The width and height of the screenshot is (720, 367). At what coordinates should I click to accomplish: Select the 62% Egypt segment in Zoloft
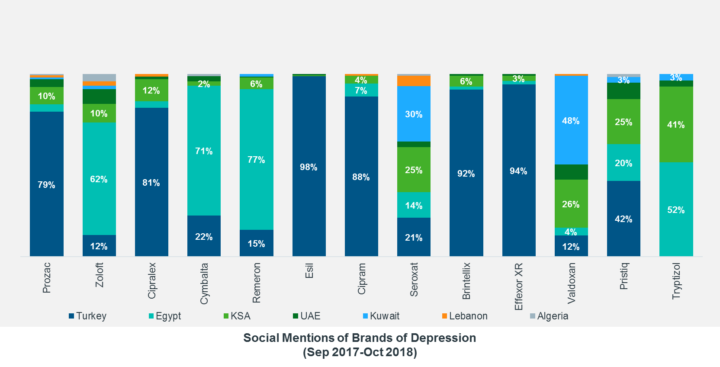99,179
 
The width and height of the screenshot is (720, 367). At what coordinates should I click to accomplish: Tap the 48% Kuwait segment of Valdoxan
571,120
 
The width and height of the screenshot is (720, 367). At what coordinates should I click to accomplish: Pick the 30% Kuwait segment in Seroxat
414,114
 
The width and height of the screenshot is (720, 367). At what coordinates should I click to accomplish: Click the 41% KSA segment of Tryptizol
676,125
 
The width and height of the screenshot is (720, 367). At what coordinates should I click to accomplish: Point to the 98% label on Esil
309,167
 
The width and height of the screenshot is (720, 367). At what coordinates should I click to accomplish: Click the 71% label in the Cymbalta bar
204,151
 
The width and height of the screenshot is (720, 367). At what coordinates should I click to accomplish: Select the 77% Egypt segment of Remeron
256,159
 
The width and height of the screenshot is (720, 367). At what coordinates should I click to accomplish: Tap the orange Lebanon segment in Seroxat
414,81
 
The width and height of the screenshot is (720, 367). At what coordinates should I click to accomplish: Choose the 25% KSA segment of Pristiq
624,122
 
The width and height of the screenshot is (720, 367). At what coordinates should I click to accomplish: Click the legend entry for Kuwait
381,316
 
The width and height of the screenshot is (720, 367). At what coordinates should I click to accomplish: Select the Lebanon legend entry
465,316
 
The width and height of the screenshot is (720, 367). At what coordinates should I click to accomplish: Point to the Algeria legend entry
549,316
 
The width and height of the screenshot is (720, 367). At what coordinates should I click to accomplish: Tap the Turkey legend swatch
71,316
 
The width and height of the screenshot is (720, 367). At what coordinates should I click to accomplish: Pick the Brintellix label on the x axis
466,281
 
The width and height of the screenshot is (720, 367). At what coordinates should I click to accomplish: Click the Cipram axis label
361,279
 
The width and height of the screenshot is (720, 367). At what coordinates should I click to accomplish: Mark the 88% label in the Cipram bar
361,177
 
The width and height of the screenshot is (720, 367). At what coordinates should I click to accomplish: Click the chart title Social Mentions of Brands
360,338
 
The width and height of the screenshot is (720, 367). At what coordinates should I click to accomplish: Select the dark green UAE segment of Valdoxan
571,172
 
